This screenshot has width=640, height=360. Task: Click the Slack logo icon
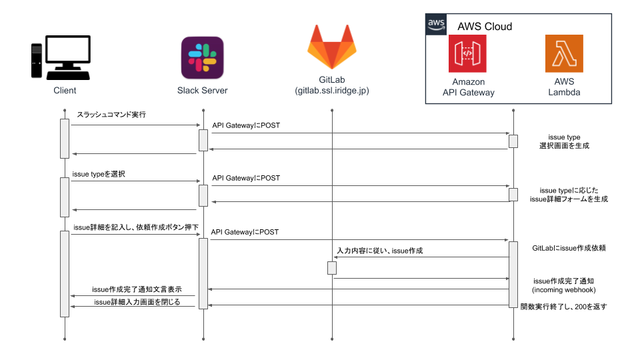203,57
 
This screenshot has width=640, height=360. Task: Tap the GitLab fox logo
332,47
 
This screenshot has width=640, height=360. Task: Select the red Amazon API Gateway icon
467,53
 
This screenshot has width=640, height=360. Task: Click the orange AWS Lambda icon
564,53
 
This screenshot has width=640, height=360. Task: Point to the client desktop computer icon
61,57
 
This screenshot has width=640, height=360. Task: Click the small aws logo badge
436,25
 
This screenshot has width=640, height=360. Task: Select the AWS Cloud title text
485,27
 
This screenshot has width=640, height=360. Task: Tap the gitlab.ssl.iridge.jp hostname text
332,91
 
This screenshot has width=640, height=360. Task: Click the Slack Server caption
203,91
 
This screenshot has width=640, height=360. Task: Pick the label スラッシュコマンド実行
111,115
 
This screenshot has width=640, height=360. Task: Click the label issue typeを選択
99,174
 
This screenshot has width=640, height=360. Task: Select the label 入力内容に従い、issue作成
380,251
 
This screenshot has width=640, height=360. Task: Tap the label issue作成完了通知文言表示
137,289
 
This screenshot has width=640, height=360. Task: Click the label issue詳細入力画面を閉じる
137,302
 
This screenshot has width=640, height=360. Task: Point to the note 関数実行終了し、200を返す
564,307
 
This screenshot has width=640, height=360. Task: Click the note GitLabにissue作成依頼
569,248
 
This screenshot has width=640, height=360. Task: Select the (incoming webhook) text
564,290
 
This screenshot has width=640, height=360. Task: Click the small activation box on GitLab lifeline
332,268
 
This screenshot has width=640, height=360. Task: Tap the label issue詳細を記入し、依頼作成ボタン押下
136,227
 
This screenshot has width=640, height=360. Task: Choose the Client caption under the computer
65,91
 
